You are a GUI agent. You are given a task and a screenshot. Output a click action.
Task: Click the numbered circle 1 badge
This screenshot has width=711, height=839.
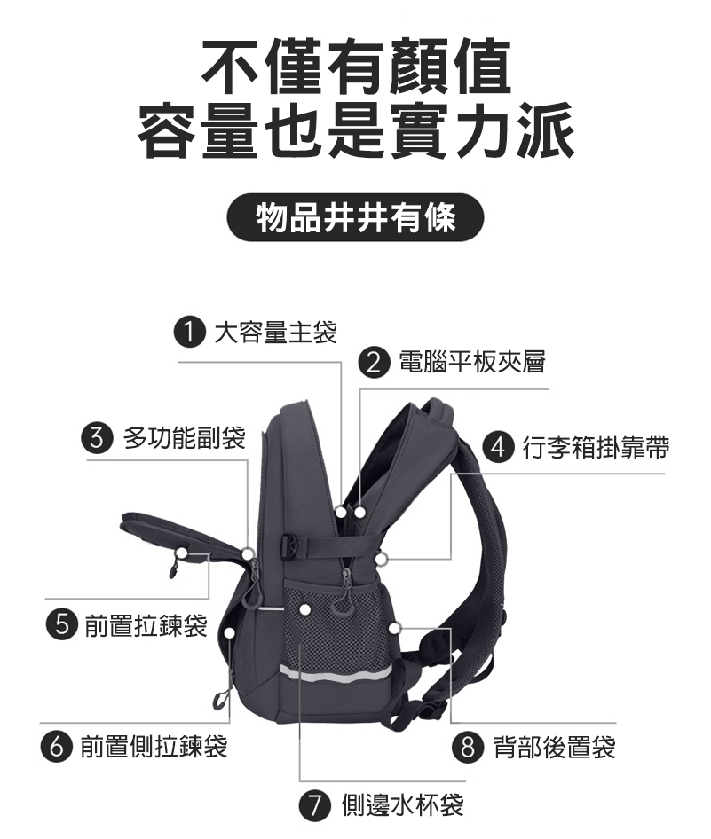pyautogui.click(x=190, y=333)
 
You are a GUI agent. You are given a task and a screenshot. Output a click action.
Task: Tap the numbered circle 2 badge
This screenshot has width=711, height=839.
pyautogui.click(x=373, y=362)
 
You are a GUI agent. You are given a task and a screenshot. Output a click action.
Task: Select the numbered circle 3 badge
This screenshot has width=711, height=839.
pyautogui.click(x=97, y=438)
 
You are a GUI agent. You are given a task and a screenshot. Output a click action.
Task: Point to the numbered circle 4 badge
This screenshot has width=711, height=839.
pyautogui.click(x=498, y=447)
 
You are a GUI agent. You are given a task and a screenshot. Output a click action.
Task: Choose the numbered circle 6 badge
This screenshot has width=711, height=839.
pyautogui.click(x=56, y=747)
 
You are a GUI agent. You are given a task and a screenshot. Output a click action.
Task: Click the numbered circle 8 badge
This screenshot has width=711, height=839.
pyautogui.click(x=468, y=747)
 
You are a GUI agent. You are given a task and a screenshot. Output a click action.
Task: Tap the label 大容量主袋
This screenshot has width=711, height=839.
pyautogui.click(x=275, y=333)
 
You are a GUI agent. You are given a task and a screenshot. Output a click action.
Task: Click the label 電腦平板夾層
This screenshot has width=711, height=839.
pyautogui.click(x=472, y=362)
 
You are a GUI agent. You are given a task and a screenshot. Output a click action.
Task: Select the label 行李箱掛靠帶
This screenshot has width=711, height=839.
pyautogui.click(x=596, y=447)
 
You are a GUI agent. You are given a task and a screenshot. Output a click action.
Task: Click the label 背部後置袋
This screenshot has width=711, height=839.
pyautogui.click(x=554, y=747)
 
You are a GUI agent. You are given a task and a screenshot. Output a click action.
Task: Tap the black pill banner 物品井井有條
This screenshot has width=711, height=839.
pyautogui.click(x=355, y=217)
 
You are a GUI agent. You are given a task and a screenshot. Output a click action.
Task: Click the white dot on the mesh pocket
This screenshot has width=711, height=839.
pyautogui.click(x=304, y=609)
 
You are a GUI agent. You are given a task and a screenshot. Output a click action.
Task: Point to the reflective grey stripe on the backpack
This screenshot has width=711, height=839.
pyautogui.click(x=336, y=672)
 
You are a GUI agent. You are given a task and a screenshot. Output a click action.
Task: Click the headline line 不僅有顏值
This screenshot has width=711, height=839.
pyautogui.click(x=355, y=66)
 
